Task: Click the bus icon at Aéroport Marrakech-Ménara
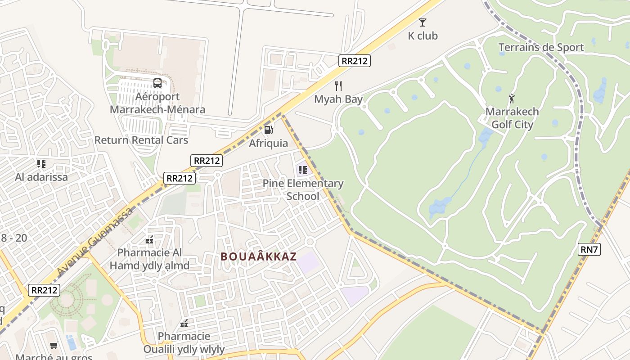tap(157, 83)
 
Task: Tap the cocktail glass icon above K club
tap(422, 22)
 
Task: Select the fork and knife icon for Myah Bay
tap(338, 86)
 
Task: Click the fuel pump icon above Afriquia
tap(268, 130)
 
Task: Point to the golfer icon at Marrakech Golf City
tap(512, 99)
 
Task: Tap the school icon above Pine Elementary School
tap(302, 170)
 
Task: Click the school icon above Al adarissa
tap(41, 163)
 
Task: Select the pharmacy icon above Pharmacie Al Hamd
tap(149, 240)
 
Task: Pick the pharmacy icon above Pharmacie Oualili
tap(184, 323)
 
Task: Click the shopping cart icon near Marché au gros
tap(54, 345)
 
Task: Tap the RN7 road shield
tap(589, 249)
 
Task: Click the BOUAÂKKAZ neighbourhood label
tap(259, 256)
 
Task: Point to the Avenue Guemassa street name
tap(95, 242)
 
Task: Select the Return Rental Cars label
tap(141, 140)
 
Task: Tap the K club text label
tap(423, 36)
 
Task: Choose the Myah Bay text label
tap(338, 99)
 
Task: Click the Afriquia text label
tap(269, 143)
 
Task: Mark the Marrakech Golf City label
tap(512, 118)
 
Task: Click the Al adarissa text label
tap(41, 177)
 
